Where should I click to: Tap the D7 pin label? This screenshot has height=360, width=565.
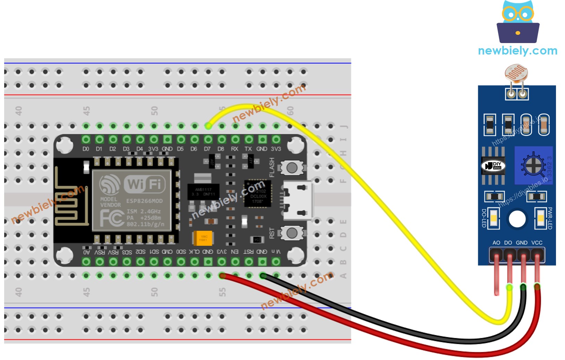click(x=207, y=149)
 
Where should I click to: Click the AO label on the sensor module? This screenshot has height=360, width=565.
click(x=496, y=243)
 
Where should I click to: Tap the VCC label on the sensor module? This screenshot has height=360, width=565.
click(x=537, y=243)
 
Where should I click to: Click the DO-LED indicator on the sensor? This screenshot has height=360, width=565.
click(x=494, y=218)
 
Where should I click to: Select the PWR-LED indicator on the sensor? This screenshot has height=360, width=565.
click(x=540, y=218)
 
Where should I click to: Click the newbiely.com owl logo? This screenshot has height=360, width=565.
click(x=518, y=23)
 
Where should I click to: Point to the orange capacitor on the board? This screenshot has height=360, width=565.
click(x=203, y=238)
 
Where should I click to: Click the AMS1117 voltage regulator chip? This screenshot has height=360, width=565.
click(x=203, y=191)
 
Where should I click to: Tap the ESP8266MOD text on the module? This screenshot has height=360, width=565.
click(x=144, y=201)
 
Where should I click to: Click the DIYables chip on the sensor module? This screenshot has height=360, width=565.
click(x=493, y=166)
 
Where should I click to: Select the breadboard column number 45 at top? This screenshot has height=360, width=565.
click(x=86, y=111)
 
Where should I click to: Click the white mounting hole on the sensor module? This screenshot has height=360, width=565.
click(x=517, y=219)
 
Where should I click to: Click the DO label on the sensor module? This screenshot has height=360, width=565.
click(x=508, y=243)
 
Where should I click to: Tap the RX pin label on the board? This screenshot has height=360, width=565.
click(x=235, y=149)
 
